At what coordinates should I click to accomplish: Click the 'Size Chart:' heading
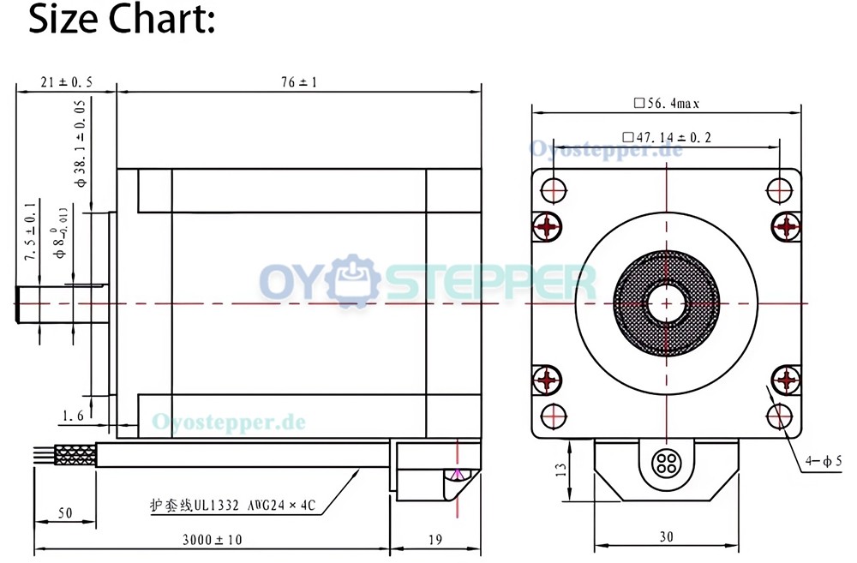click(122, 19)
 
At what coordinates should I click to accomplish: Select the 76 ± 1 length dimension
click(299, 82)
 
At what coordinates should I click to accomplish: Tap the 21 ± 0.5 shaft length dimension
click(66, 82)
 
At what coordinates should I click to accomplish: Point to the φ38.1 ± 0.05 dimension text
click(81, 143)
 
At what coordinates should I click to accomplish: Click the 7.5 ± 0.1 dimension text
click(31, 230)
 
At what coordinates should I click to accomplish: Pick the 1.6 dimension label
click(73, 416)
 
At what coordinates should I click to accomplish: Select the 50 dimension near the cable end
click(65, 512)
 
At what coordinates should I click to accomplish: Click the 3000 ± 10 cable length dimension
click(212, 540)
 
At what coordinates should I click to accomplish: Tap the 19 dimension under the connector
click(435, 540)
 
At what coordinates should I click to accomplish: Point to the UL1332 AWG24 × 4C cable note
click(233, 505)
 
